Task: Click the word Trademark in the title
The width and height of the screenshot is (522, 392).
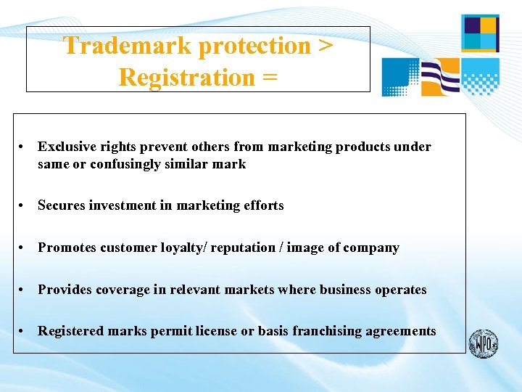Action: tap(128, 46)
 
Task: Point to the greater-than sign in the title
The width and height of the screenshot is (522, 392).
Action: tap(326, 46)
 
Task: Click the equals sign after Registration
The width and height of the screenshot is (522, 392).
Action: tap(270, 78)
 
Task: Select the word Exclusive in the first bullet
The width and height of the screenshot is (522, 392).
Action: tap(67, 147)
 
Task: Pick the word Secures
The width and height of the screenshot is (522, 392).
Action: tap(61, 205)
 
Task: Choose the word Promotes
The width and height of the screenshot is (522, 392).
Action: tap(67, 248)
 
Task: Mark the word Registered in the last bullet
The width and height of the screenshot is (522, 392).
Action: tap(70, 331)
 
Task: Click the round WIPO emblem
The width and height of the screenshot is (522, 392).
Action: tap(483, 343)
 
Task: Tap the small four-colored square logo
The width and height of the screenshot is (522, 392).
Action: tap(480, 33)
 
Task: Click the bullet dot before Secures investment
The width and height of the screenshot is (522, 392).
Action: tap(23, 206)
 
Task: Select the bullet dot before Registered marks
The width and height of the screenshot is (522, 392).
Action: tap(23, 332)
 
